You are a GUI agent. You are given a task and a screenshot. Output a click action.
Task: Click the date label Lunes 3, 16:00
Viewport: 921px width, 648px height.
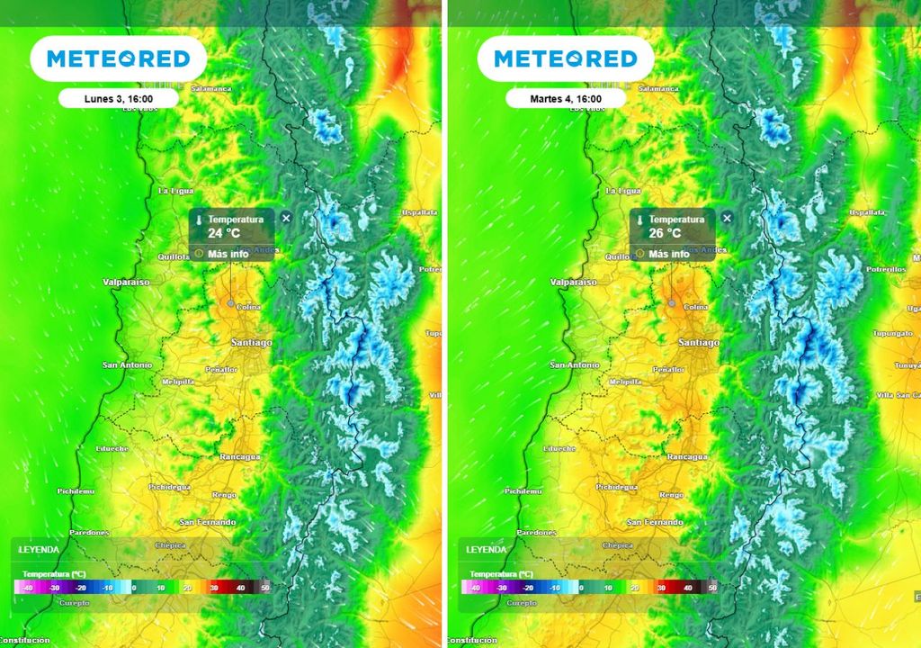coord(105,99)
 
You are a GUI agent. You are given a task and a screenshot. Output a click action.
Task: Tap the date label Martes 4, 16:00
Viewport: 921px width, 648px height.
coord(552,99)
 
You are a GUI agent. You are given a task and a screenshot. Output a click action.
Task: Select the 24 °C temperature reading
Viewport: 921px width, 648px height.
coord(221,232)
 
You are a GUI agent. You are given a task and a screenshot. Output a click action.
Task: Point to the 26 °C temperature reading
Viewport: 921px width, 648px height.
coord(663,232)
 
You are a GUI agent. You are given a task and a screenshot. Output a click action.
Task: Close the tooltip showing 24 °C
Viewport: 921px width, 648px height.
coord(286,218)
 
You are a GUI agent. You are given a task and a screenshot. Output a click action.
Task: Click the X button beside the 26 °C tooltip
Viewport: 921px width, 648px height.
coord(727,218)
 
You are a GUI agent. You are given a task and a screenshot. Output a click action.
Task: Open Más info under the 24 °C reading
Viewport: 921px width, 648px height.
coord(228,254)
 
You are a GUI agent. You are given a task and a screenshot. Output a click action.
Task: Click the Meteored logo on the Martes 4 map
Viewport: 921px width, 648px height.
coord(565,59)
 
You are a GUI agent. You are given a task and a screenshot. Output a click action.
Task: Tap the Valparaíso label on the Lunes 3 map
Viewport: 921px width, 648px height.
coord(126,283)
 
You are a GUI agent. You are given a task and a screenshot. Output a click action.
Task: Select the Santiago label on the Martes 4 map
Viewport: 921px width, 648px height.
coord(699,343)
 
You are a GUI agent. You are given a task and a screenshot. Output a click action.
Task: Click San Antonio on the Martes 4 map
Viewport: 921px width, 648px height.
coord(575,365)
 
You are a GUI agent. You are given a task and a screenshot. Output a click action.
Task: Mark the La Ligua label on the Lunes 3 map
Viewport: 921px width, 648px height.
coord(175,191)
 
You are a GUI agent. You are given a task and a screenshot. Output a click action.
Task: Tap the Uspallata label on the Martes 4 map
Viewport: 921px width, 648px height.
coord(868,212)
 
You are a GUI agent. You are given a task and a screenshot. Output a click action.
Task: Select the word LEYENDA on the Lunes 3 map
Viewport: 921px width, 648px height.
coord(39,549)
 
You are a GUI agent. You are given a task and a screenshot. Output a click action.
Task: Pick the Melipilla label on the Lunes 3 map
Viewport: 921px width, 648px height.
coord(177,382)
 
